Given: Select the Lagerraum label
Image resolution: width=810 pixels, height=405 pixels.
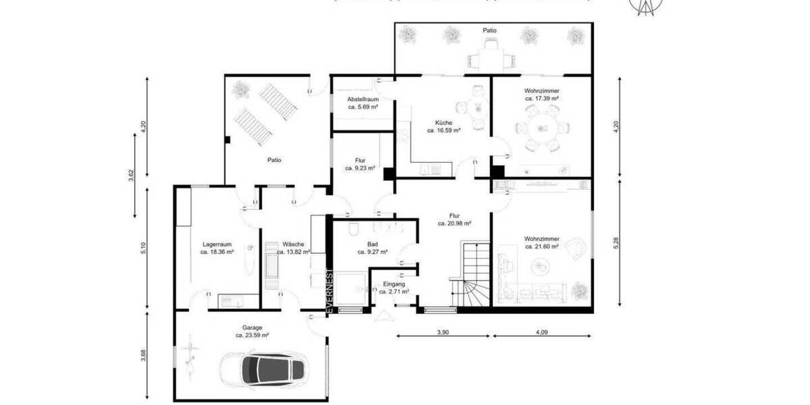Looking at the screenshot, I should (217, 244).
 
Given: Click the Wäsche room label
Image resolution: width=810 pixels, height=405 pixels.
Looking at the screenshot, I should (293, 244).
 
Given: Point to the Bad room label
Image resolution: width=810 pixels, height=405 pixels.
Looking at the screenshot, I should (372, 244).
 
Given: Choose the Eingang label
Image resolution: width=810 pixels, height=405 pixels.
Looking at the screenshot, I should (394, 284).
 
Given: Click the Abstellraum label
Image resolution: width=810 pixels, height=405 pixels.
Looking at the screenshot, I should (362, 99).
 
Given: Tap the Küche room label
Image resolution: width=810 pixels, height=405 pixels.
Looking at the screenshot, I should (443, 123).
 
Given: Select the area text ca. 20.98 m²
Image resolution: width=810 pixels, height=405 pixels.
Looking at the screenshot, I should (454, 223).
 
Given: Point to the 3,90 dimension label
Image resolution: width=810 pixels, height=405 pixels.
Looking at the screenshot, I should (443, 332).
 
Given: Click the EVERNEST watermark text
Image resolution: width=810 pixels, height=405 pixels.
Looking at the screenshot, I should (329, 290).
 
